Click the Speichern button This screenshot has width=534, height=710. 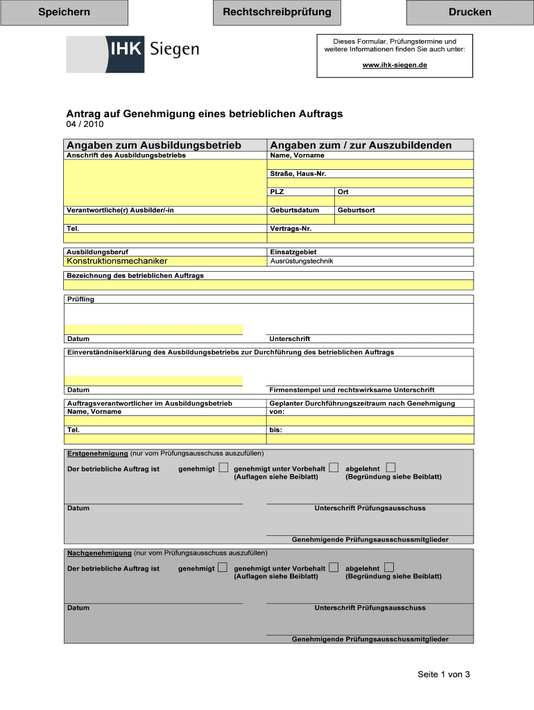coord(64,12)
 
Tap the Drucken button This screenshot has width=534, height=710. coord(470,12)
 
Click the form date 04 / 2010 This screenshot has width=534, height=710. coord(85,125)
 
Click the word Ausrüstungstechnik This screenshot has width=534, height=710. coord(301,261)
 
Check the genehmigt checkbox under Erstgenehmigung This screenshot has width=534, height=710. coord(223,468)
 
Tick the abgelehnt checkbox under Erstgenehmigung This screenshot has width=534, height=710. coord(390,468)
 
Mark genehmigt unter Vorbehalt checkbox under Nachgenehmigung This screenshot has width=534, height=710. coord(334,567)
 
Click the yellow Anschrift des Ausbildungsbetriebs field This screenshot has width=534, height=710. coord(165,182)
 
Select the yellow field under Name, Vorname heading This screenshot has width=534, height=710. coord(371,164)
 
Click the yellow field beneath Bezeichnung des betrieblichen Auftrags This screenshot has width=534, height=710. coord(270,284)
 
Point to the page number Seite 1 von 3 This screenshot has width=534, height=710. coord(443,675)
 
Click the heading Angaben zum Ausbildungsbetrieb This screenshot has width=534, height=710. coord(154,145)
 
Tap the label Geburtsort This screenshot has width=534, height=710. coord(356,210)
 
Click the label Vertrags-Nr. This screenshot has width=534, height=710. coord(290,228)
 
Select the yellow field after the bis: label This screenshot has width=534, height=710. coord(371,438)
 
